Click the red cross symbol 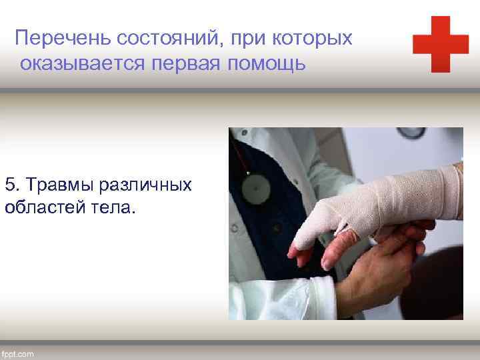pyautogui.click(x=441, y=44)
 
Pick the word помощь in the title pyautogui.click(x=271, y=64)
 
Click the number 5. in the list pyautogui.click(x=13, y=184)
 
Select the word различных pyautogui.click(x=147, y=184)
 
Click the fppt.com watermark pyautogui.click(x=18, y=353)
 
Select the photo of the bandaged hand pyautogui.click(x=345, y=223)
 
